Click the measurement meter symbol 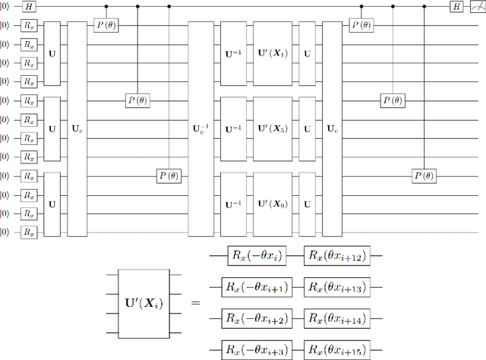pos(477,6)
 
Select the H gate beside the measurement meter pos(456,6)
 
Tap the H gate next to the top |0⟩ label pos(28,6)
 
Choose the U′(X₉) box pos(272,204)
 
